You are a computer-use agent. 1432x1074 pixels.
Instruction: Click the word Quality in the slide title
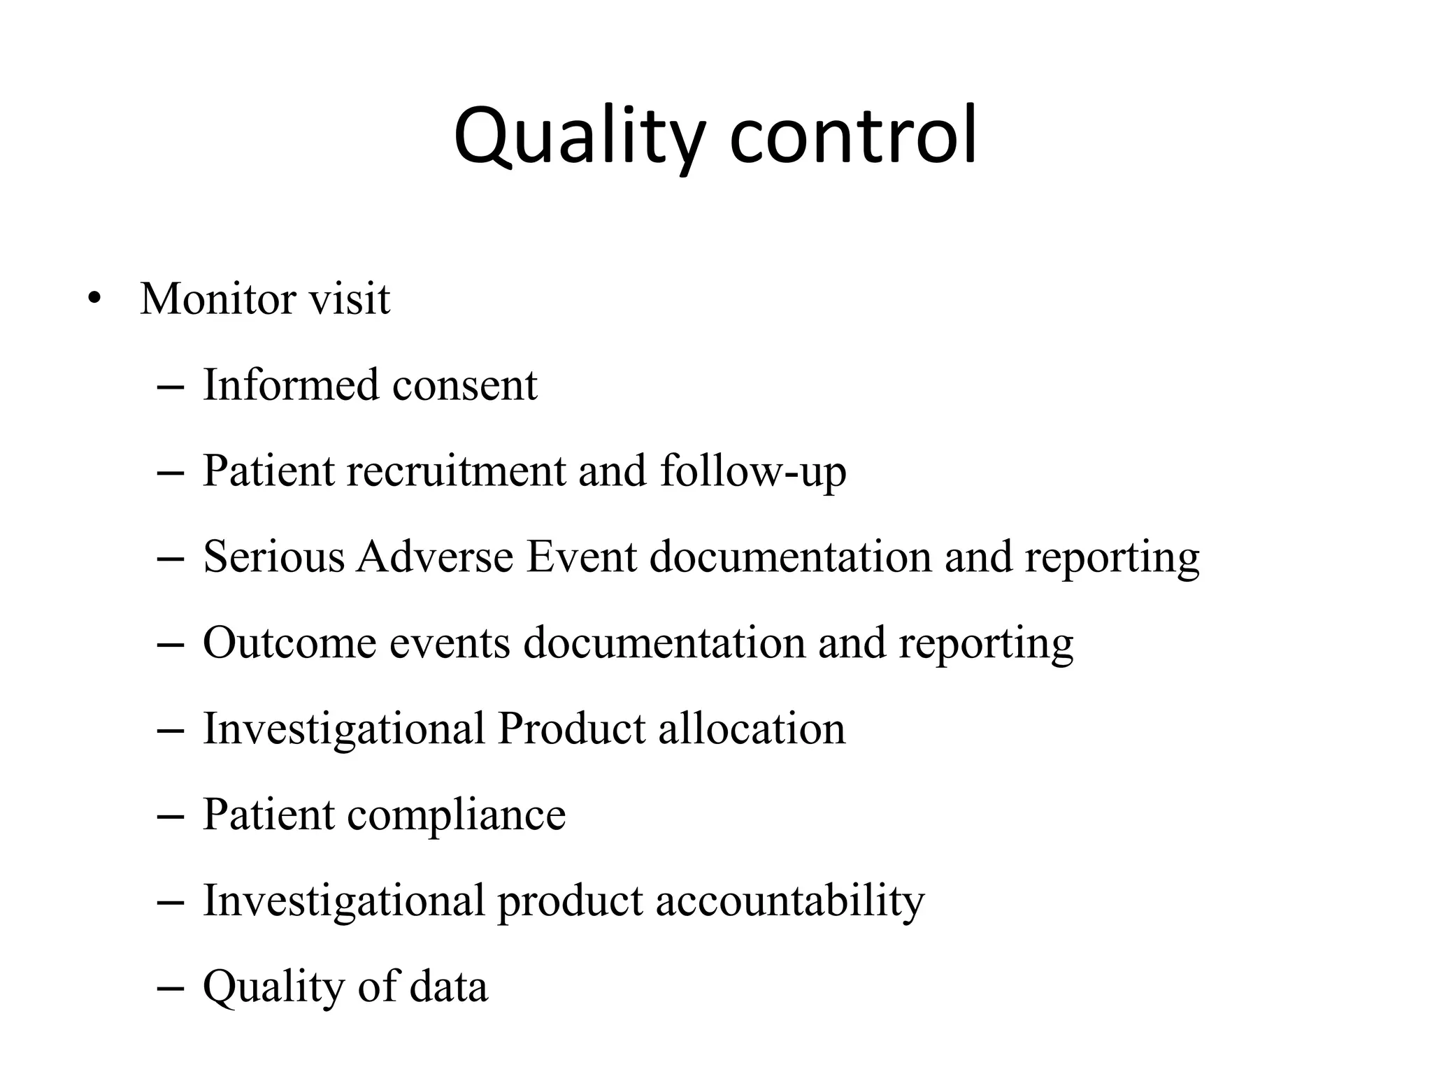click(578, 137)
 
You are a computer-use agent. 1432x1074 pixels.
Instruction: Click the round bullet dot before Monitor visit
click(94, 300)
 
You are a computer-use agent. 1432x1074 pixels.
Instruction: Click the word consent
click(465, 386)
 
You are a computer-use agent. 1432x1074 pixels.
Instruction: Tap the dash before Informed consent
click(171, 387)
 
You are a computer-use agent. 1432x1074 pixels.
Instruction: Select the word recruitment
click(456, 471)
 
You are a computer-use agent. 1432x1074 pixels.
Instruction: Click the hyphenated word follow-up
click(753, 472)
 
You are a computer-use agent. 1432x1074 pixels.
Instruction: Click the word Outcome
click(289, 643)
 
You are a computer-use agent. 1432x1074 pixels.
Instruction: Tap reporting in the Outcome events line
click(986, 644)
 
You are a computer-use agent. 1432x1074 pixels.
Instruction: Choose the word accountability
click(790, 901)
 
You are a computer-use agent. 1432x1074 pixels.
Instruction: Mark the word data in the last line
click(448, 987)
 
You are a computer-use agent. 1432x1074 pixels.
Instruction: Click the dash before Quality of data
click(171, 989)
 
